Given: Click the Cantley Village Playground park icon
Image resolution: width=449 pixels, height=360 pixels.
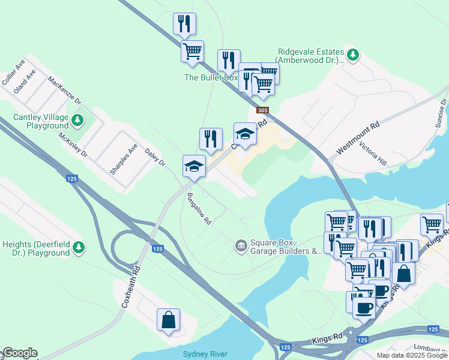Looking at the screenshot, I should [x=77, y=121].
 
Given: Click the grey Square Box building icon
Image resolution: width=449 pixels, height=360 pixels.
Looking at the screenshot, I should [x=241, y=245].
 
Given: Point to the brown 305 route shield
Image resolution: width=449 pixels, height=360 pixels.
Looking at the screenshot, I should [x=262, y=110].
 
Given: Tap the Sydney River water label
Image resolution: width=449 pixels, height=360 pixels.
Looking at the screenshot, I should [x=205, y=355].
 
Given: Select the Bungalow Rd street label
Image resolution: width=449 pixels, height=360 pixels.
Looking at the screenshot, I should [x=199, y=209].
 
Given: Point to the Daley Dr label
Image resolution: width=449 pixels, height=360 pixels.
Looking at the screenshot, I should [x=155, y=158].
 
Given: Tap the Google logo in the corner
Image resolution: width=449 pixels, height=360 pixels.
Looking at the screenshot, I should [x=20, y=353].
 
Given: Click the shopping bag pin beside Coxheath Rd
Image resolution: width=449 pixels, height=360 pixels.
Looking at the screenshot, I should [x=169, y=320].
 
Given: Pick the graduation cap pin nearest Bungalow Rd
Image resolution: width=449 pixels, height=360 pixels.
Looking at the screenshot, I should [x=194, y=166].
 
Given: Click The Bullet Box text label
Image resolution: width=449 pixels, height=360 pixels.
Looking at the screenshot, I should [x=211, y=77].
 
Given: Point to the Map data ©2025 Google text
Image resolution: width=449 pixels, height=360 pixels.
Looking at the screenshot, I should [x=411, y=355].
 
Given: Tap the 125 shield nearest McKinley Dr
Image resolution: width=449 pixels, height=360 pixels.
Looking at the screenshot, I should [x=72, y=179].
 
